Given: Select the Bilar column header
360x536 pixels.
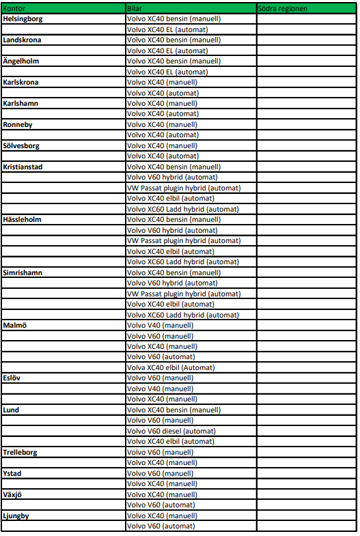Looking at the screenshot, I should click(135, 8).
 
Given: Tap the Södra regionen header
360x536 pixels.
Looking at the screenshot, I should click(283, 8).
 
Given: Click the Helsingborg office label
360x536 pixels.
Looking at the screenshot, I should click(23, 19).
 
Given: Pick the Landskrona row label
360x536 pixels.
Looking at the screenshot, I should click(22, 40).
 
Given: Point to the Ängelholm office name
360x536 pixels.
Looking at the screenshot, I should click(21, 61).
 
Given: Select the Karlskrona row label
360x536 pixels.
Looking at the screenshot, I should click(20, 83).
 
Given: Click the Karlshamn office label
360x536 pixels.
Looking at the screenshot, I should click(20, 104).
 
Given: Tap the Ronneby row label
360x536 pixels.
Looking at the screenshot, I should click(18, 125).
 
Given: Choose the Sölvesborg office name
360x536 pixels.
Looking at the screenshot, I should click(21, 146).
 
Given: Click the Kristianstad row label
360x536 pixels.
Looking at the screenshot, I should click(23, 167).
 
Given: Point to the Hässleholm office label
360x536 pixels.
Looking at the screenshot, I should click(22, 220).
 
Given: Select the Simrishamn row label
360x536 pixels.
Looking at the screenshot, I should click(22, 272).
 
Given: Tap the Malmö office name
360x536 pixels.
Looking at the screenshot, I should click(14, 326).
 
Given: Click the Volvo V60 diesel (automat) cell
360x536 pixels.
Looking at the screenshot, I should click(171, 431).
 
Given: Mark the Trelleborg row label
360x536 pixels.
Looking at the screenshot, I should click(20, 452).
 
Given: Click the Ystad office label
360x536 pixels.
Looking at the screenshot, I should click(12, 473).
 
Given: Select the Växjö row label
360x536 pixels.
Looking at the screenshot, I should click(14, 494).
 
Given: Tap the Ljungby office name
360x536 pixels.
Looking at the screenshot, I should click(17, 516).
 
